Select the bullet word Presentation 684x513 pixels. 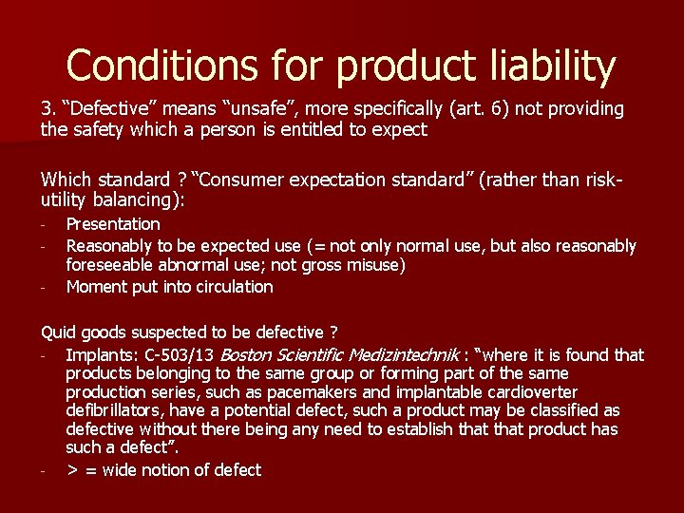pyautogui.click(x=113, y=224)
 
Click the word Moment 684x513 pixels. pyautogui.click(x=95, y=287)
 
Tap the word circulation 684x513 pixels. pyautogui.click(x=229, y=287)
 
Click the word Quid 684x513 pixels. pyautogui.click(x=58, y=332)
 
